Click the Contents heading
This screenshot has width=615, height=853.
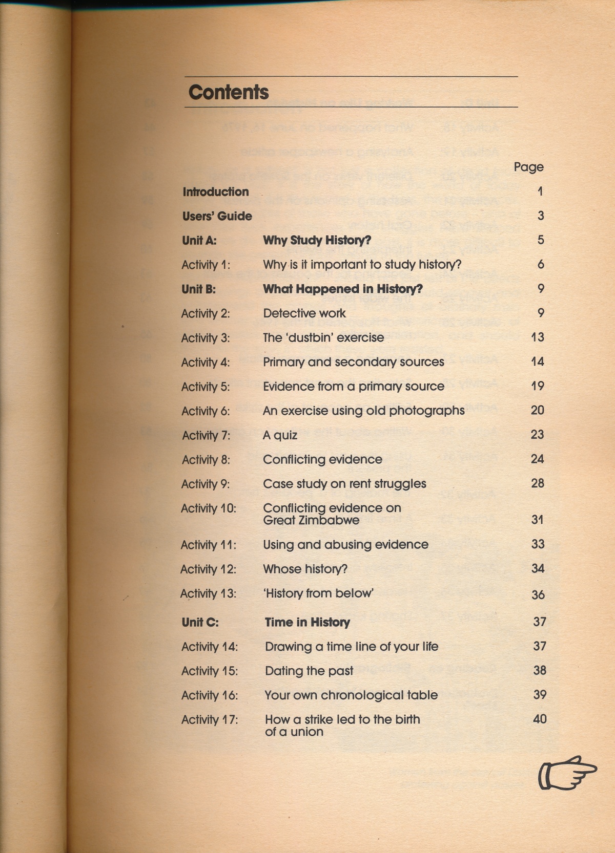tap(229, 92)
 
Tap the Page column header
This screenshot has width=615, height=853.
tap(528, 167)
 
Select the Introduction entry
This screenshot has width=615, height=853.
tap(216, 191)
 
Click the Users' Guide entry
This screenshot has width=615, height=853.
tap(217, 216)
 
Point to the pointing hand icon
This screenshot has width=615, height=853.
tap(567, 773)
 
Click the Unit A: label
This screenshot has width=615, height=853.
tap(199, 240)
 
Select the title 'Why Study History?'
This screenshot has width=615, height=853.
tap(317, 240)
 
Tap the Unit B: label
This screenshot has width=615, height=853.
tap(199, 289)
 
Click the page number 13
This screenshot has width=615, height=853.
tap(537, 337)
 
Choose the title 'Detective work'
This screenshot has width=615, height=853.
tap(304, 313)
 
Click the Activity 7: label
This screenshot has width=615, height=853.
tap(206, 435)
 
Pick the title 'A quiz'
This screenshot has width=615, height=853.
tap(280, 435)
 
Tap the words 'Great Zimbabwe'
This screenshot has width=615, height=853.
tap(311, 520)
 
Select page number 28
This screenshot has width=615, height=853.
tap(537, 483)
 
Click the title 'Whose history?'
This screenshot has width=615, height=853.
tap(305, 569)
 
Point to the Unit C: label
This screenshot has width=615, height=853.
tap(200, 622)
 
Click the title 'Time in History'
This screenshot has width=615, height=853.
tap(307, 622)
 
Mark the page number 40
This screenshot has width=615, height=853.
tap(540, 719)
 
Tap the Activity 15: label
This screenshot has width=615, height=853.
tap(210, 671)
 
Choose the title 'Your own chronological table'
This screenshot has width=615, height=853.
tap(351, 695)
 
